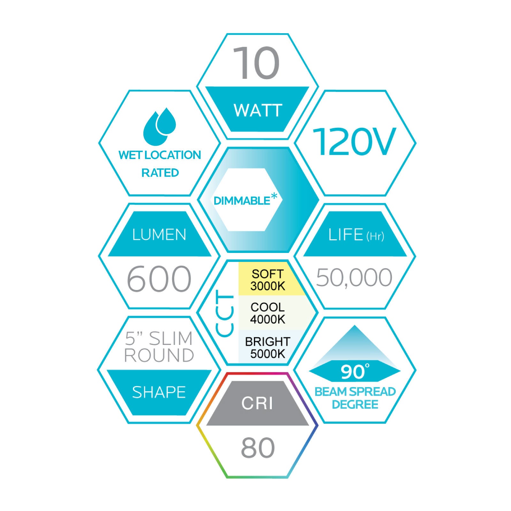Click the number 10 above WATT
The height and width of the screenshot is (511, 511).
[256, 63]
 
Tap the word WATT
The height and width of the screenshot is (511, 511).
[258, 111]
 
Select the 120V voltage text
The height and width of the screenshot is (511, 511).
[354, 142]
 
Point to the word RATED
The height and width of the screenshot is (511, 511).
[160, 173]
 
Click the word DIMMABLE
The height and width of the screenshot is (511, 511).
[242, 201]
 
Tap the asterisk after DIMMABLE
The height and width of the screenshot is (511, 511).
[274, 197]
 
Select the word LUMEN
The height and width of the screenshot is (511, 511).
[159, 235]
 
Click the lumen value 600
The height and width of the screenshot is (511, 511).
[159, 279]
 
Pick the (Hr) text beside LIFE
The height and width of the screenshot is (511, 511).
[375, 236]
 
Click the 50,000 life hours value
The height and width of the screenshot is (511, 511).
[354, 278]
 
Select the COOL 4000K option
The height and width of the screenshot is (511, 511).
[268, 313]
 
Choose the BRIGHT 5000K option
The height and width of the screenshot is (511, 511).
[268, 347]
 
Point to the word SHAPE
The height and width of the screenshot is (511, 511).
[159, 392]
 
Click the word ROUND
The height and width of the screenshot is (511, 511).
[159, 355]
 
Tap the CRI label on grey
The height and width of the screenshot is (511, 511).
[257, 403]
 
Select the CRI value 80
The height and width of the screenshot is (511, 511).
[258, 448]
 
